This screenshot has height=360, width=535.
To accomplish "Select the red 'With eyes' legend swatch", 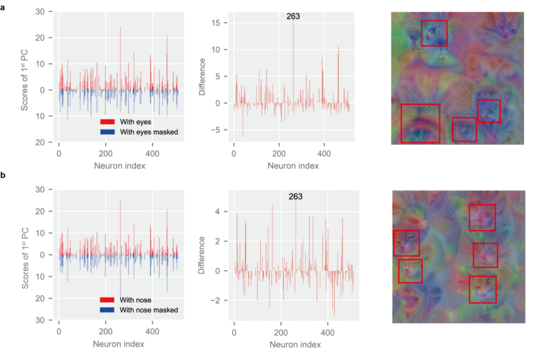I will tap(108, 121).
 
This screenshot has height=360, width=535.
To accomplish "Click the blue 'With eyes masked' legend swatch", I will tap(108, 132).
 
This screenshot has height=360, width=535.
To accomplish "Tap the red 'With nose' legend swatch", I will tap(108, 299).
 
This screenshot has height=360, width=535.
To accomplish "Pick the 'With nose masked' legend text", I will tap(149, 310).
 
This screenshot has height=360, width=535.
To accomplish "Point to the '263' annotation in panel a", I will tap(294, 16).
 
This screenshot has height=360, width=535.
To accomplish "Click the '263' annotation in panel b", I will tap(296, 196).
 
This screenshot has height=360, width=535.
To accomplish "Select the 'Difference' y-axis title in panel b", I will tap(202, 256).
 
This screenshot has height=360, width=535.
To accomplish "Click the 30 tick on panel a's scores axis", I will tap(41, 12).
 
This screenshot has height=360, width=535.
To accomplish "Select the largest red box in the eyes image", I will tap(420, 123).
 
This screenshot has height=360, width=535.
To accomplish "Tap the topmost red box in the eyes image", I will tap(434, 32).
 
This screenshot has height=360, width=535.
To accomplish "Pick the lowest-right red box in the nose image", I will tap(482, 289).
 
